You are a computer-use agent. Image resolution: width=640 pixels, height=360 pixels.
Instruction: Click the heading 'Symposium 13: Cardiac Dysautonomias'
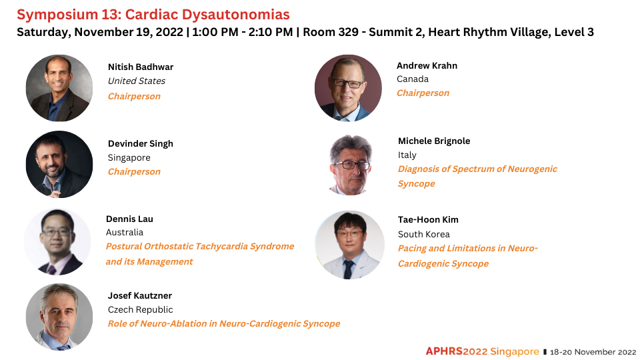pos(153,15)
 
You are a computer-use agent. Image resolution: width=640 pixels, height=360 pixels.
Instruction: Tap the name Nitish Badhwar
pos(141,67)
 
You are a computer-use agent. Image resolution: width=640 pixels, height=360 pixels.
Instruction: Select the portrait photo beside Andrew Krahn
pos(348,88)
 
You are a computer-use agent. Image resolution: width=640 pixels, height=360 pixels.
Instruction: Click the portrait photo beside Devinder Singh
pos(59,165)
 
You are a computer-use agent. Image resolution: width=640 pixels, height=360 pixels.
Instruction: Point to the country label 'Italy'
pos(407,155)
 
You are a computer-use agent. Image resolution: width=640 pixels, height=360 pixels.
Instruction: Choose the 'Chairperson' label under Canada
pos(423,93)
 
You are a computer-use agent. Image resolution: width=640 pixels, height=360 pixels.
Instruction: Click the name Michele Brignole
pos(434,141)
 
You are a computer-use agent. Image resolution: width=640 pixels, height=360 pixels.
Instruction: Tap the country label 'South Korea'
pos(424,234)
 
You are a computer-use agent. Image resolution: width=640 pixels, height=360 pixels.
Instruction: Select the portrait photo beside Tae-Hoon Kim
pos(349,245)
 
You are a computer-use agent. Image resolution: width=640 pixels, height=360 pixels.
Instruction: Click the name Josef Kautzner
pos(139,295)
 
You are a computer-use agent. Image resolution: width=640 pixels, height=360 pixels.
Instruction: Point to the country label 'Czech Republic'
pos(141,310)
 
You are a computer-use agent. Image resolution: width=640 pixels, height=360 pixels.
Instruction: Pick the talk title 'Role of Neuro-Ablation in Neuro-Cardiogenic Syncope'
pos(224,324)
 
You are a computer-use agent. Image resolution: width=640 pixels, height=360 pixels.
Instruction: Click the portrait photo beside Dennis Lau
pos(57,241)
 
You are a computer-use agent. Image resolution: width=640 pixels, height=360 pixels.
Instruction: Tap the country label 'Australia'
pos(125,232)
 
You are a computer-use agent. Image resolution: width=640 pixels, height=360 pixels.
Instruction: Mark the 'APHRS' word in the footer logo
pos(444,351)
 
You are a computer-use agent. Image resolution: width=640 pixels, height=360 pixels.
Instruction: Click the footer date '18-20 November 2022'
pos(593,352)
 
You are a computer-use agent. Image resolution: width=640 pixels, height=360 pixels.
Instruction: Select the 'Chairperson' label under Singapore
pos(134,172)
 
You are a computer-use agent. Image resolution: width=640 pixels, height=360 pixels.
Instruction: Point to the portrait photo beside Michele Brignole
pos(350,165)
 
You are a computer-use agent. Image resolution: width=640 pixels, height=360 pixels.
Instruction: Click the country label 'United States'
pos(136,81)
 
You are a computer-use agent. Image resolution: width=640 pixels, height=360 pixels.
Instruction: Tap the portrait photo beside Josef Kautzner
pos(59,317)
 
